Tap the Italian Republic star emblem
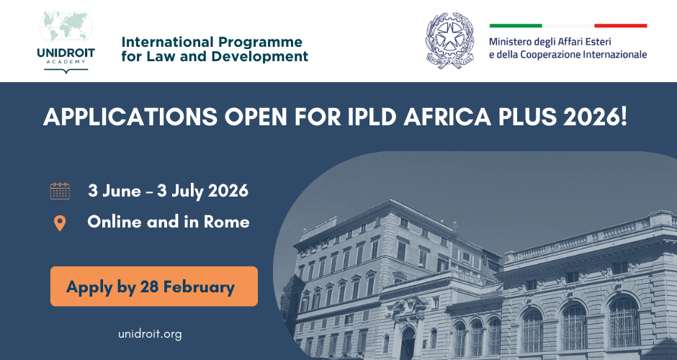pyautogui.click(x=450, y=40)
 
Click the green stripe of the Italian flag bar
pyautogui.click(x=516, y=26)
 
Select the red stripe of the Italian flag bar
pyautogui.click(x=620, y=26)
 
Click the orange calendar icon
pyautogui.click(x=60, y=191)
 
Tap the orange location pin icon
pyautogui.click(x=60, y=223)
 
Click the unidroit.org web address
pyautogui.click(x=150, y=334)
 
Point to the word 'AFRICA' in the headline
pyautogui.click(x=447, y=117)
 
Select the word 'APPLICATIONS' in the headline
pyautogui.click(x=130, y=117)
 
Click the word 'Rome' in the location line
pyautogui.click(x=227, y=222)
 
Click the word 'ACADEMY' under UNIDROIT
pyautogui.click(x=66, y=61)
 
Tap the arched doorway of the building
pyautogui.click(x=407, y=344)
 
